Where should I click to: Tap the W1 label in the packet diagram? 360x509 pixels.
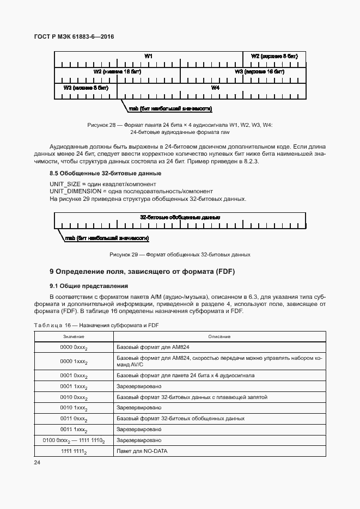148,57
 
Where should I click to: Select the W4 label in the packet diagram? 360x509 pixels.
215,87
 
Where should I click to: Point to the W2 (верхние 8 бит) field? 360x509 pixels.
274,57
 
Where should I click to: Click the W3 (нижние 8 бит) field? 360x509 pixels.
86,87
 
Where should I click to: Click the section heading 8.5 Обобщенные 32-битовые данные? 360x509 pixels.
105,173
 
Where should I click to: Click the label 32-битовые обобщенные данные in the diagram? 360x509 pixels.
180,217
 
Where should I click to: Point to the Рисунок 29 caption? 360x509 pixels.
180,254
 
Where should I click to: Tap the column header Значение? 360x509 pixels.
74,336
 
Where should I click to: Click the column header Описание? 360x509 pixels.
219,336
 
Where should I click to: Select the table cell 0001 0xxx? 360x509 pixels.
74,376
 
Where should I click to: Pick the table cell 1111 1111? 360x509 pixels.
74,451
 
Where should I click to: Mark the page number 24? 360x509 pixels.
38,463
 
